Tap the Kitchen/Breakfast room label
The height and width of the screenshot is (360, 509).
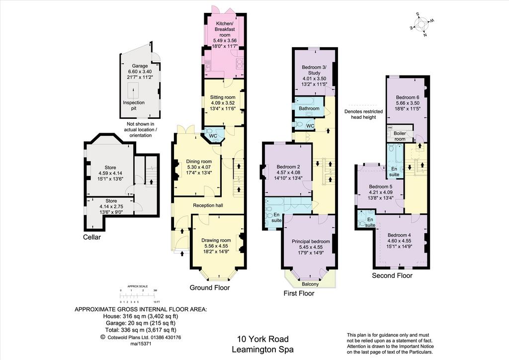click(x=225, y=29)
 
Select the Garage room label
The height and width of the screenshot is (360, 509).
click(x=140, y=66)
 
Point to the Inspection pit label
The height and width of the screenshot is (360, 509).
click(x=134, y=105)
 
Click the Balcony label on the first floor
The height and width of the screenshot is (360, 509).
click(x=310, y=284)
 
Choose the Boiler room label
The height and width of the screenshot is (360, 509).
click(x=400, y=136)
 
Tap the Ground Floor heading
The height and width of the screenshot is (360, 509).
click(x=210, y=287)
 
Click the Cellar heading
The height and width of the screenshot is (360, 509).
click(x=92, y=237)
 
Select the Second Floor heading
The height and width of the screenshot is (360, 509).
click(x=392, y=275)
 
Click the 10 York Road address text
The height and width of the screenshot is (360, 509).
click(x=263, y=339)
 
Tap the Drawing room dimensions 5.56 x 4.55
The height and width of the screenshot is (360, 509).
click(x=216, y=246)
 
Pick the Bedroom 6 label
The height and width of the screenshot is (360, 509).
click(x=408, y=97)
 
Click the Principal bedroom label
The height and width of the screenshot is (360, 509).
click(x=311, y=242)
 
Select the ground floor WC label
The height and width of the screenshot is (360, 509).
click(x=213, y=136)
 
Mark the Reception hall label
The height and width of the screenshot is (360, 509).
click(x=208, y=205)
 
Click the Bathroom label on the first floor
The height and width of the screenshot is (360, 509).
click(x=309, y=108)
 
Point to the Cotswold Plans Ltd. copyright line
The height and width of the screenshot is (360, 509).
click(x=141, y=337)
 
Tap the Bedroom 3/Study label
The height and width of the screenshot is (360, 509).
click(x=314, y=70)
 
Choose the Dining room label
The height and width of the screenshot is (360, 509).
click(x=199, y=161)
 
